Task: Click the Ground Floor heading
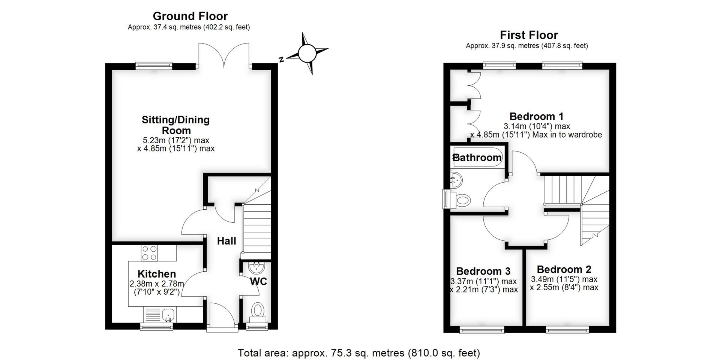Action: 190,16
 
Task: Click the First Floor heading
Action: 529,35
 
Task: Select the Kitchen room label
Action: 156,274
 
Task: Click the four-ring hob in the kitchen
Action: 149,253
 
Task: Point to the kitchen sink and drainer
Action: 159,314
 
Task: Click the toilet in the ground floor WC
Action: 257,311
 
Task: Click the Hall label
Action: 226,241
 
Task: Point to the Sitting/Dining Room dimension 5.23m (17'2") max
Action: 176,140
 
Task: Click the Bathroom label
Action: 477,157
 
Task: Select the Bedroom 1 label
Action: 536,116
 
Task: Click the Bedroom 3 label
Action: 483,271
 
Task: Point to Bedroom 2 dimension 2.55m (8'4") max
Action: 564,288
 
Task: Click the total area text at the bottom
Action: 359,353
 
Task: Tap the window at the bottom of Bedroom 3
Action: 482,330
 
